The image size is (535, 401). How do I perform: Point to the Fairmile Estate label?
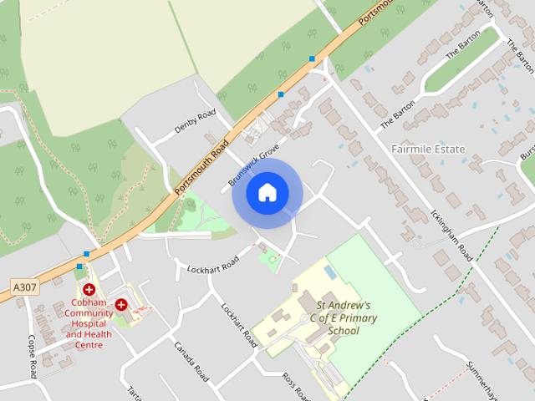click(x=428, y=149)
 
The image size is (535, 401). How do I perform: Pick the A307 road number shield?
click(x=25, y=287)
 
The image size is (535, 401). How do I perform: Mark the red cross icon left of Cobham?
click(x=89, y=289)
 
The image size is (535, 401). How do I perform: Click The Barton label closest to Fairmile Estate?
click(x=398, y=114)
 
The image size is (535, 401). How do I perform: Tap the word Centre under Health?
click(x=89, y=345)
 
